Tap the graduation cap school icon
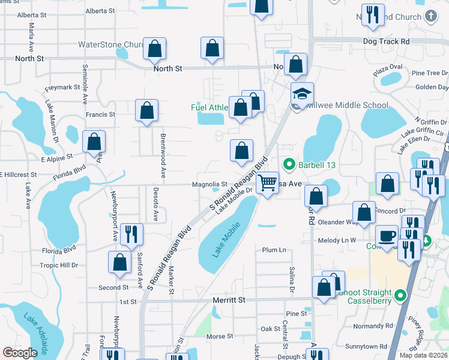(302, 93)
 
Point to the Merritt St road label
(229, 299)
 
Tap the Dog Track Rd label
(386, 41)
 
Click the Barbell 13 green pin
(289, 163)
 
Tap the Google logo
(20, 352)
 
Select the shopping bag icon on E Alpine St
(94, 142)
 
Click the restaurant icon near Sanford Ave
(131, 234)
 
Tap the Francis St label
(100, 115)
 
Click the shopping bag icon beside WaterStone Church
(155, 50)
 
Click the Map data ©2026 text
(423, 355)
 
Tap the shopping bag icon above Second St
(119, 262)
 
